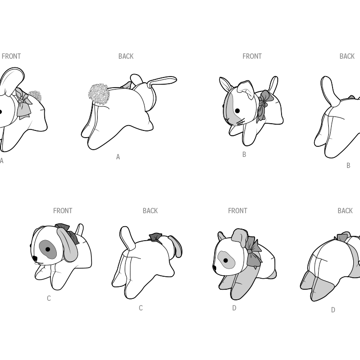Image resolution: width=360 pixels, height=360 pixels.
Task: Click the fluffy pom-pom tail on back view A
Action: [98, 94]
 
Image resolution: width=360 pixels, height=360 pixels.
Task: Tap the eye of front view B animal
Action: [237, 111]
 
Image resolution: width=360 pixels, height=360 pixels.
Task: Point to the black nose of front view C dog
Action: [35, 258]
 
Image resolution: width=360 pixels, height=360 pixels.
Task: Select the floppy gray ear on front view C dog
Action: [68, 245]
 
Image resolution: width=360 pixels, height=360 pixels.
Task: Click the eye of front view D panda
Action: [226, 260]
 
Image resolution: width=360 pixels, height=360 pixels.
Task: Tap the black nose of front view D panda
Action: [215, 268]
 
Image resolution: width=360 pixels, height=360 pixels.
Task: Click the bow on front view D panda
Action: [253, 252]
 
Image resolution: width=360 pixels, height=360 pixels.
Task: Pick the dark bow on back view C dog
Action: [155, 238]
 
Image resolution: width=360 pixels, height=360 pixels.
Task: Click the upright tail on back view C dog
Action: [128, 238]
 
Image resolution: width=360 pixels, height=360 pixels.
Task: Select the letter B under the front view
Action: [244, 154]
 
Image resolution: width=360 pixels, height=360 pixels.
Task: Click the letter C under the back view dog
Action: [141, 308]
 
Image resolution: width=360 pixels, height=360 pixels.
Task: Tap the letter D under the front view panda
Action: [234, 308]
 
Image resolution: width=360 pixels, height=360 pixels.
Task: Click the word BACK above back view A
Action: [126, 56]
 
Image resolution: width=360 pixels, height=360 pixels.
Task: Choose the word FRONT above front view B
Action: [252, 56]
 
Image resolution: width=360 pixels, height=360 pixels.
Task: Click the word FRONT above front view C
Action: [63, 211]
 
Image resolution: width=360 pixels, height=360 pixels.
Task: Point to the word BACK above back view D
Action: [345, 211]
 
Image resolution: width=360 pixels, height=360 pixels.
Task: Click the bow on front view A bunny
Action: [23, 104]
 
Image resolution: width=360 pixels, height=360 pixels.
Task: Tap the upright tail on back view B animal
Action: [330, 90]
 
